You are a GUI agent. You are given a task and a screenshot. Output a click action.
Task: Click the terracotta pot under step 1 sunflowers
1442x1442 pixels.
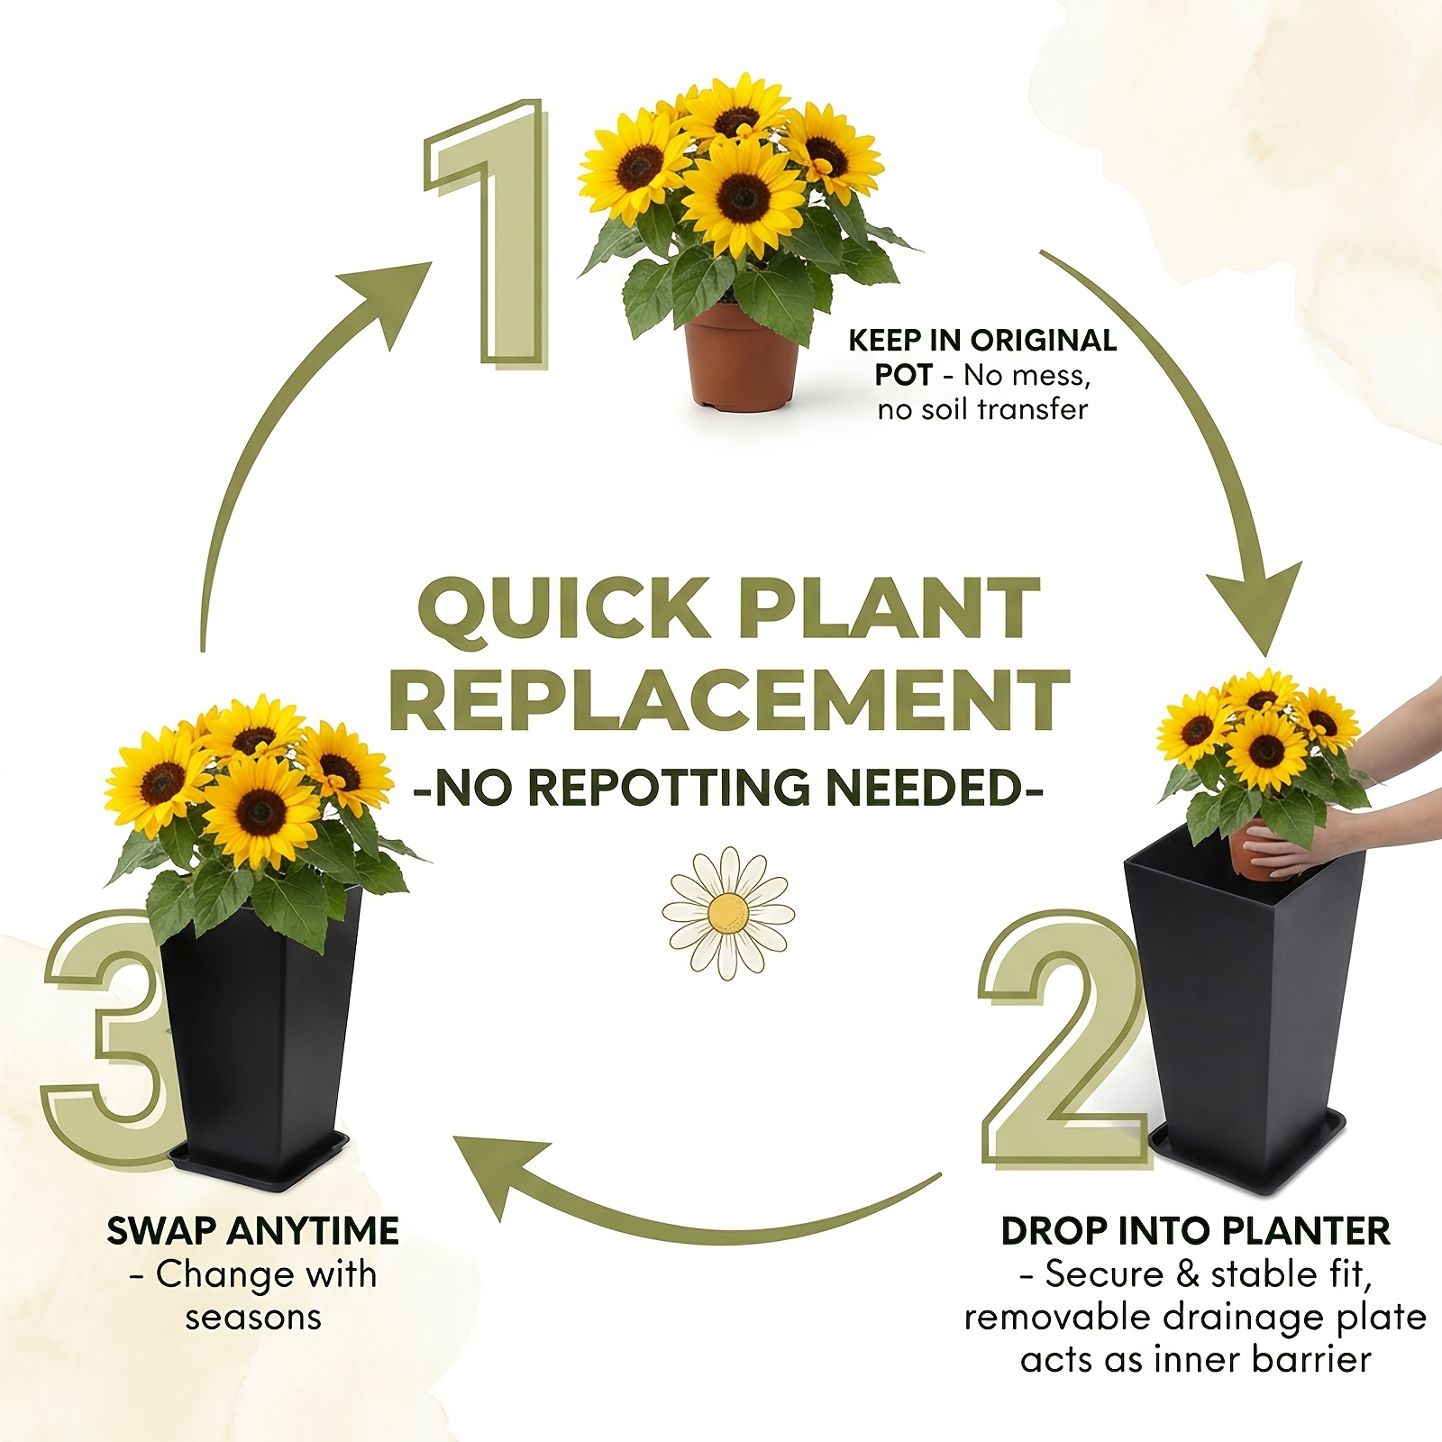pos(743,359)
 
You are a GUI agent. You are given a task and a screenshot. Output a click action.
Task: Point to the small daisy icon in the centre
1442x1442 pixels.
pos(728,913)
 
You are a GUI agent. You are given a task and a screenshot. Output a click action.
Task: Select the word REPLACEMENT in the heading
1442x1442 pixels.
pos(729,700)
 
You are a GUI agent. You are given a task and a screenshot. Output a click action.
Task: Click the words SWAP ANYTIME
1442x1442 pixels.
pos(253,1231)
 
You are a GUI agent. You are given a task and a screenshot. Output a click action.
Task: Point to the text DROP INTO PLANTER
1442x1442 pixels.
pos(1196,1231)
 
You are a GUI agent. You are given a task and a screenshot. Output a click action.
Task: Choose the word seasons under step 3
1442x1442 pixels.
pos(253,1318)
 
